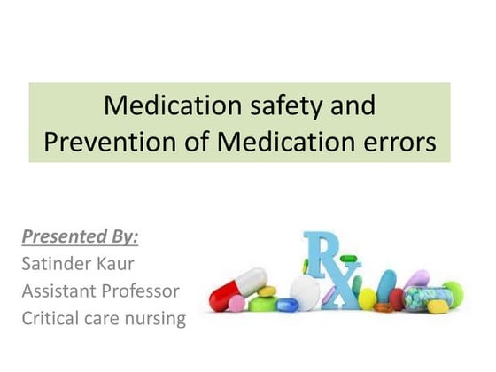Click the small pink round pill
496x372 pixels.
coord(236,305)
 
